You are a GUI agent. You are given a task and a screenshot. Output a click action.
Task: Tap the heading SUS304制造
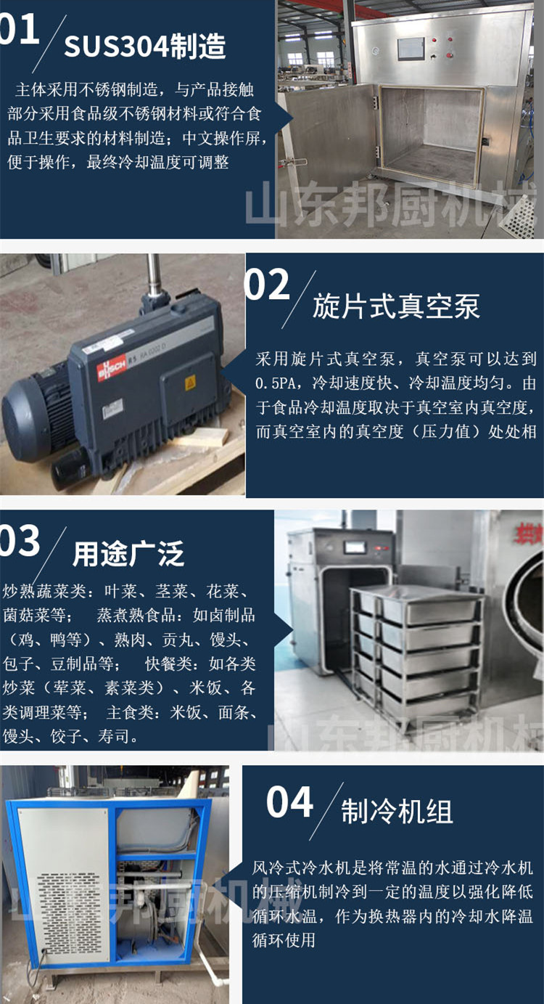pyautogui.click(x=145, y=47)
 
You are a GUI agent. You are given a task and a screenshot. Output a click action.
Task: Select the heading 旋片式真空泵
pyautogui.click(x=396, y=307)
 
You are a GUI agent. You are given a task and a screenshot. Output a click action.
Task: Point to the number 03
pyautogui.click(x=20, y=541)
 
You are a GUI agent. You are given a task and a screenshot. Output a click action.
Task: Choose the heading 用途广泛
pyautogui.click(x=128, y=555)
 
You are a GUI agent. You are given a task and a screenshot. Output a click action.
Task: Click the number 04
pyautogui.click(x=289, y=802)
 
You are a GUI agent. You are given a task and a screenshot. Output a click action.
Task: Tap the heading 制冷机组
pyautogui.click(x=397, y=812)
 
